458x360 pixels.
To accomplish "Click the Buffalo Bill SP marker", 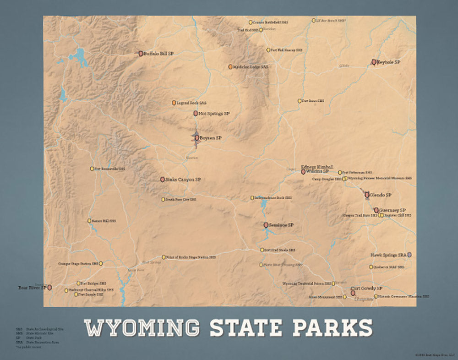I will pos(141,54).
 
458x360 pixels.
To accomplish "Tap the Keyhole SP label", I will pos(389,62).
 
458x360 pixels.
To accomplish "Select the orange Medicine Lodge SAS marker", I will pos(231,67).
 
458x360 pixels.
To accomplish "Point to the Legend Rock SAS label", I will pos(191,103).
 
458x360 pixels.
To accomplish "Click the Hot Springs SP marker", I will pos(195,113).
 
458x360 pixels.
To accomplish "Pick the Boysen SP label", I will pos(211,137).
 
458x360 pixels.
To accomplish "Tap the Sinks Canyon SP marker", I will pos(163,180).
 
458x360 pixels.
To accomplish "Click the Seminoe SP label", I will pos(282,225).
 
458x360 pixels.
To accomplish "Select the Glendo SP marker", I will pos(367,195).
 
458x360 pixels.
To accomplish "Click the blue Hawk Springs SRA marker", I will pos(409,254).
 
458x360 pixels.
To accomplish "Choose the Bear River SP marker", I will pos(49,287).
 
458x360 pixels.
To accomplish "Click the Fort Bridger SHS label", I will pos(94,284).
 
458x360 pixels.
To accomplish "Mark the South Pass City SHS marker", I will pos(163,199).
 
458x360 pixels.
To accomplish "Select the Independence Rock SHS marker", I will pos(252,198).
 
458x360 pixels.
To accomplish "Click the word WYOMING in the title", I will pos(142,327).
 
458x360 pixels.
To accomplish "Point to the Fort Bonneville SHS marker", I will pos(92,169).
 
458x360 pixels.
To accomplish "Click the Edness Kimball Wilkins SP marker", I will pos(303,172).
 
